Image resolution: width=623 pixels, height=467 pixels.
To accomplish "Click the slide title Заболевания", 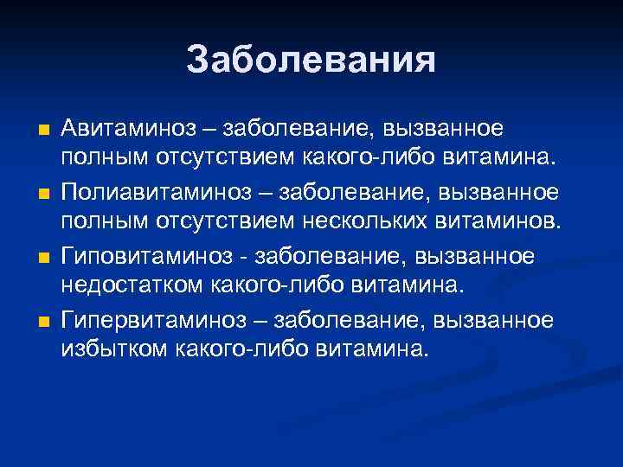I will [x=311, y=60].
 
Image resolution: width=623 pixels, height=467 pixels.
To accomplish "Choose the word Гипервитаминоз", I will [x=148, y=320].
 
